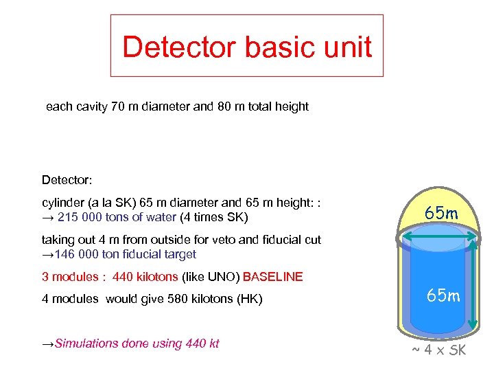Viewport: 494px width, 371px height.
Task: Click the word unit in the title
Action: pyautogui.click(x=349, y=47)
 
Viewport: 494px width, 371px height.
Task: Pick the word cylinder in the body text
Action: pyautogui.click(x=64, y=203)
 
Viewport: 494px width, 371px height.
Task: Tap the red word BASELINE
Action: pyautogui.click(x=272, y=277)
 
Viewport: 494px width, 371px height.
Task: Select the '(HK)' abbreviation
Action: pyautogui.click(x=249, y=300)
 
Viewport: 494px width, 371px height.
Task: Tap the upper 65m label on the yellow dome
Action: pyautogui.click(x=441, y=214)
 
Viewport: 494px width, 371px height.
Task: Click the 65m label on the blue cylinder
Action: pyautogui.click(x=443, y=296)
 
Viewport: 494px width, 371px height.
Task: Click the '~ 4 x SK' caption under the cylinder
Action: pyautogui.click(x=439, y=350)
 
